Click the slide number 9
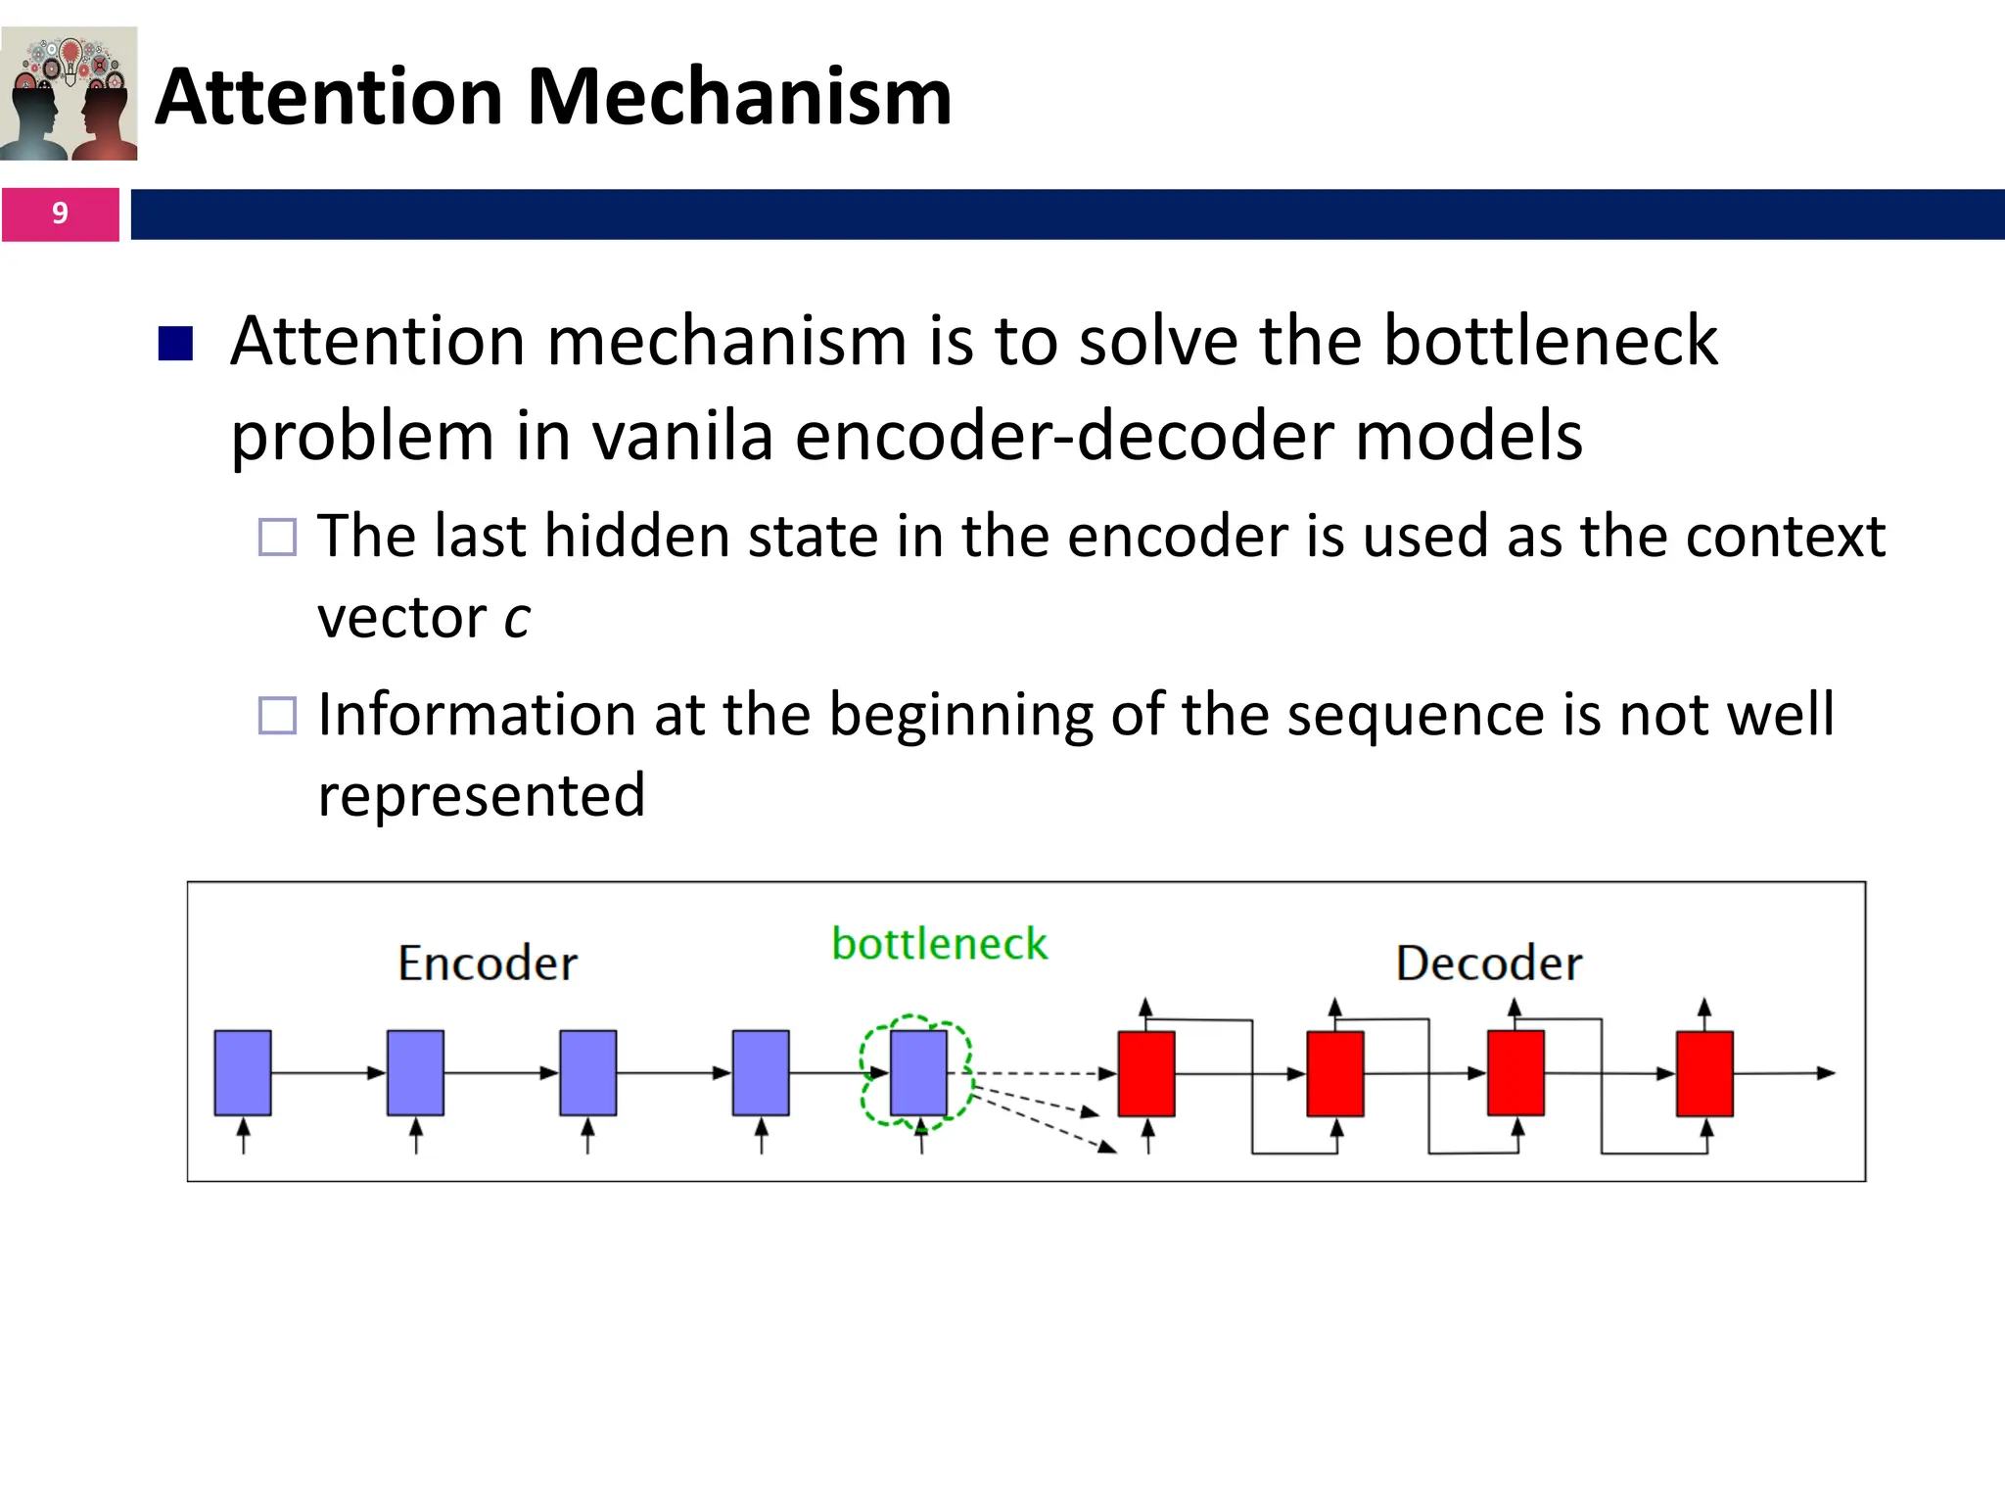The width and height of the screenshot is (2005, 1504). (60, 213)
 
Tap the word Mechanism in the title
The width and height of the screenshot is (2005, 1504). (739, 97)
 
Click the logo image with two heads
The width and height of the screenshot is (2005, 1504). (70, 94)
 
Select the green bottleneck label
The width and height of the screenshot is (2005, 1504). (939, 944)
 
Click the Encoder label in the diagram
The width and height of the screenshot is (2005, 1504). (488, 963)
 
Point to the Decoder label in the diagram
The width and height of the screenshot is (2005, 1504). (1488, 963)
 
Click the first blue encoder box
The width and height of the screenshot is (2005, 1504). (243, 1072)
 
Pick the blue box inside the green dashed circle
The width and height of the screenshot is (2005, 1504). (918, 1072)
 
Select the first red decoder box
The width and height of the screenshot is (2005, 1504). (1146, 1073)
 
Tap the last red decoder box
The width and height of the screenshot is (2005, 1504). (1704, 1073)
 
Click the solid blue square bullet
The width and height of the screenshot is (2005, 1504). (175, 344)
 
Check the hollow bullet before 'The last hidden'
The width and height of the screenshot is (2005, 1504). (277, 537)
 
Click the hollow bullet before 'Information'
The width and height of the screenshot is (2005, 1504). (277, 715)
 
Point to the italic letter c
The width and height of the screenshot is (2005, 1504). (517, 619)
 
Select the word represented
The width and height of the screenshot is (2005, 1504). (482, 795)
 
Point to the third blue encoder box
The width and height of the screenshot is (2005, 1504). (587, 1072)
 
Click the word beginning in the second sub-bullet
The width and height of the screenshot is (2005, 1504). (960, 716)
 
